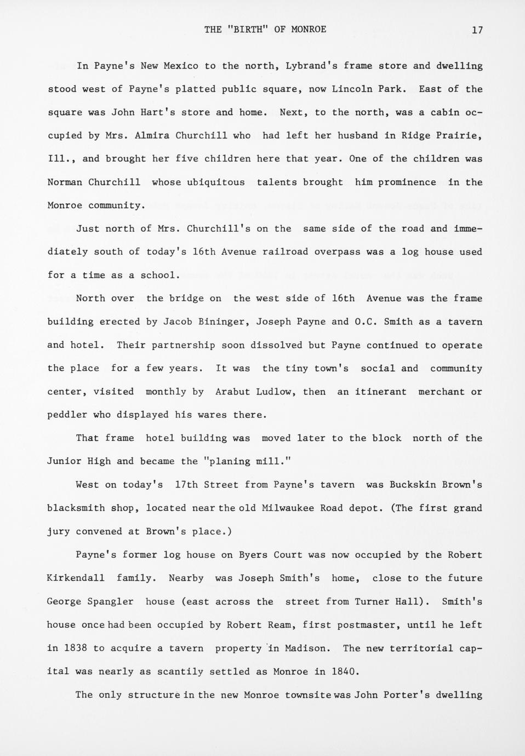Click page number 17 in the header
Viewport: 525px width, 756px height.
(477, 30)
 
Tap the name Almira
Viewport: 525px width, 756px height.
(152, 135)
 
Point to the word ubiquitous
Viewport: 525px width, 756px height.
(216, 182)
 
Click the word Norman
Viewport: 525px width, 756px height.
(65, 182)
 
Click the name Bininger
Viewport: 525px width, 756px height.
(221, 322)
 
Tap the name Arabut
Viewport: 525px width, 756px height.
(233, 392)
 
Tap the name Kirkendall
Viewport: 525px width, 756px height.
(76, 578)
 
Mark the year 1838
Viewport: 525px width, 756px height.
(76, 648)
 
